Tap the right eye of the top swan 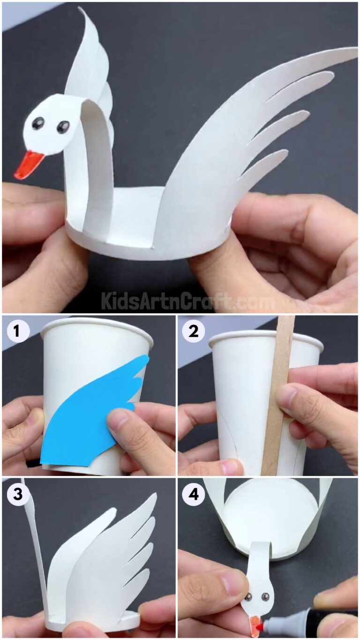(x=63, y=127)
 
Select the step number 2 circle (x=194, y=331)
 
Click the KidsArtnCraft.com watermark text (x=187, y=300)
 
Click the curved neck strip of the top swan (x=96, y=155)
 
